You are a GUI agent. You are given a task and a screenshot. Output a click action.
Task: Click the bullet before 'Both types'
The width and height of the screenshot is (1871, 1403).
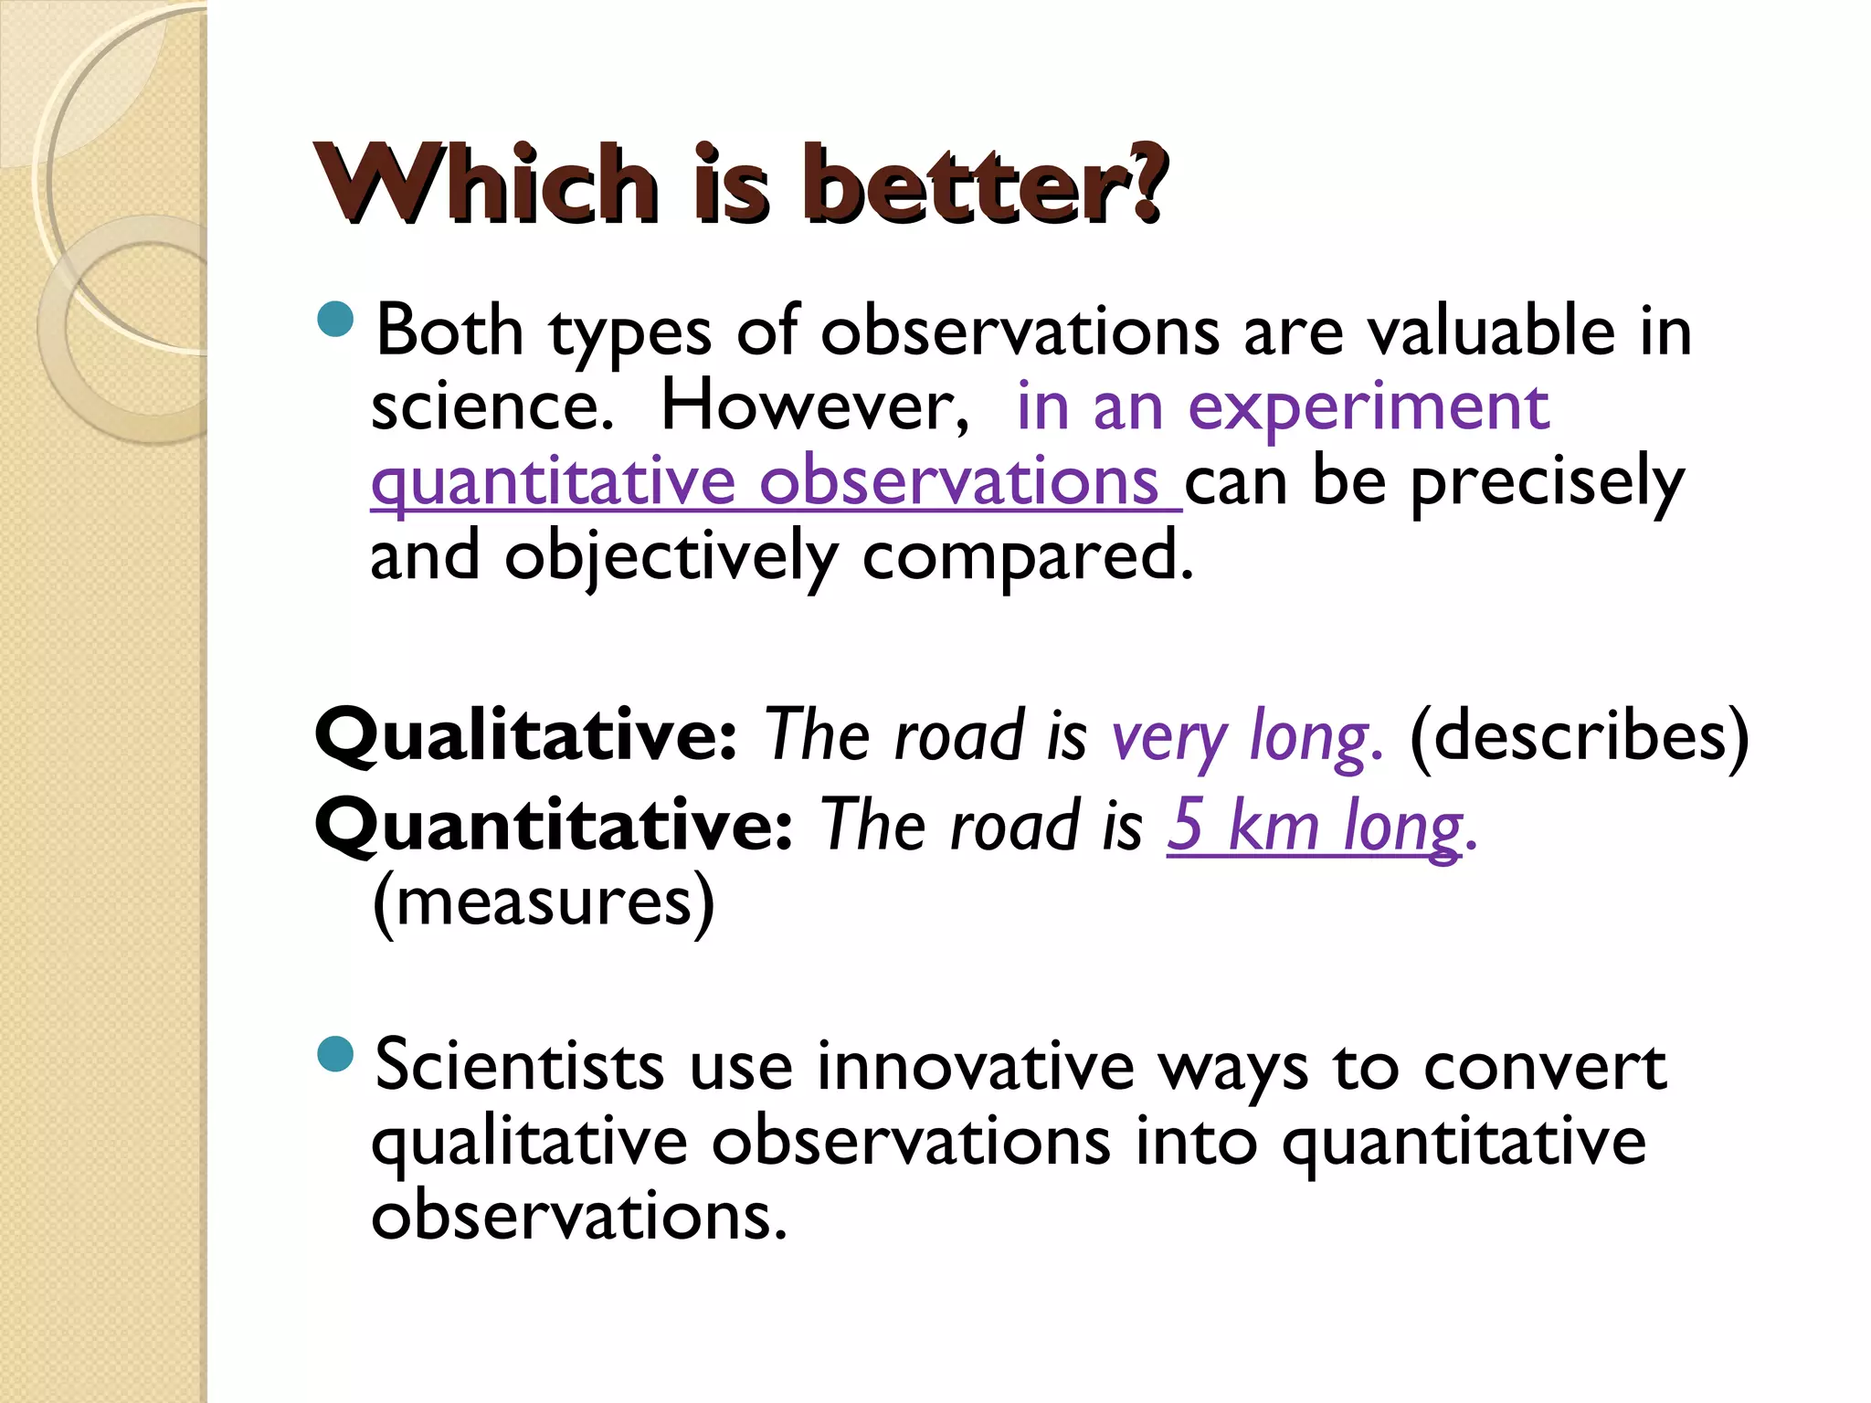336,320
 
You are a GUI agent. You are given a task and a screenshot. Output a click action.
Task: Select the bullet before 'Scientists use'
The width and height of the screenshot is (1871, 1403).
336,1054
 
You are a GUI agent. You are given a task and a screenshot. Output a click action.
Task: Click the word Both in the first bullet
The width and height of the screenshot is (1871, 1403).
449,331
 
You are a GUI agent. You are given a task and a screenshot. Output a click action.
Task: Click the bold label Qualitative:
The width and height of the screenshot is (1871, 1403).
525,736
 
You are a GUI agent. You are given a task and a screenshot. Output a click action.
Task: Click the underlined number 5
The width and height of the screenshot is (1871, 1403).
1186,824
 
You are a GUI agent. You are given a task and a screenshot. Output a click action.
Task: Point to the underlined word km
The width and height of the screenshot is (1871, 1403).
1274,824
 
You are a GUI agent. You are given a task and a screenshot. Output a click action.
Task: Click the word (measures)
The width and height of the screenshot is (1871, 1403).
544,902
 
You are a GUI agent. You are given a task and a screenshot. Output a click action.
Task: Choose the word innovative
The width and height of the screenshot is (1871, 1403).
975,1067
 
